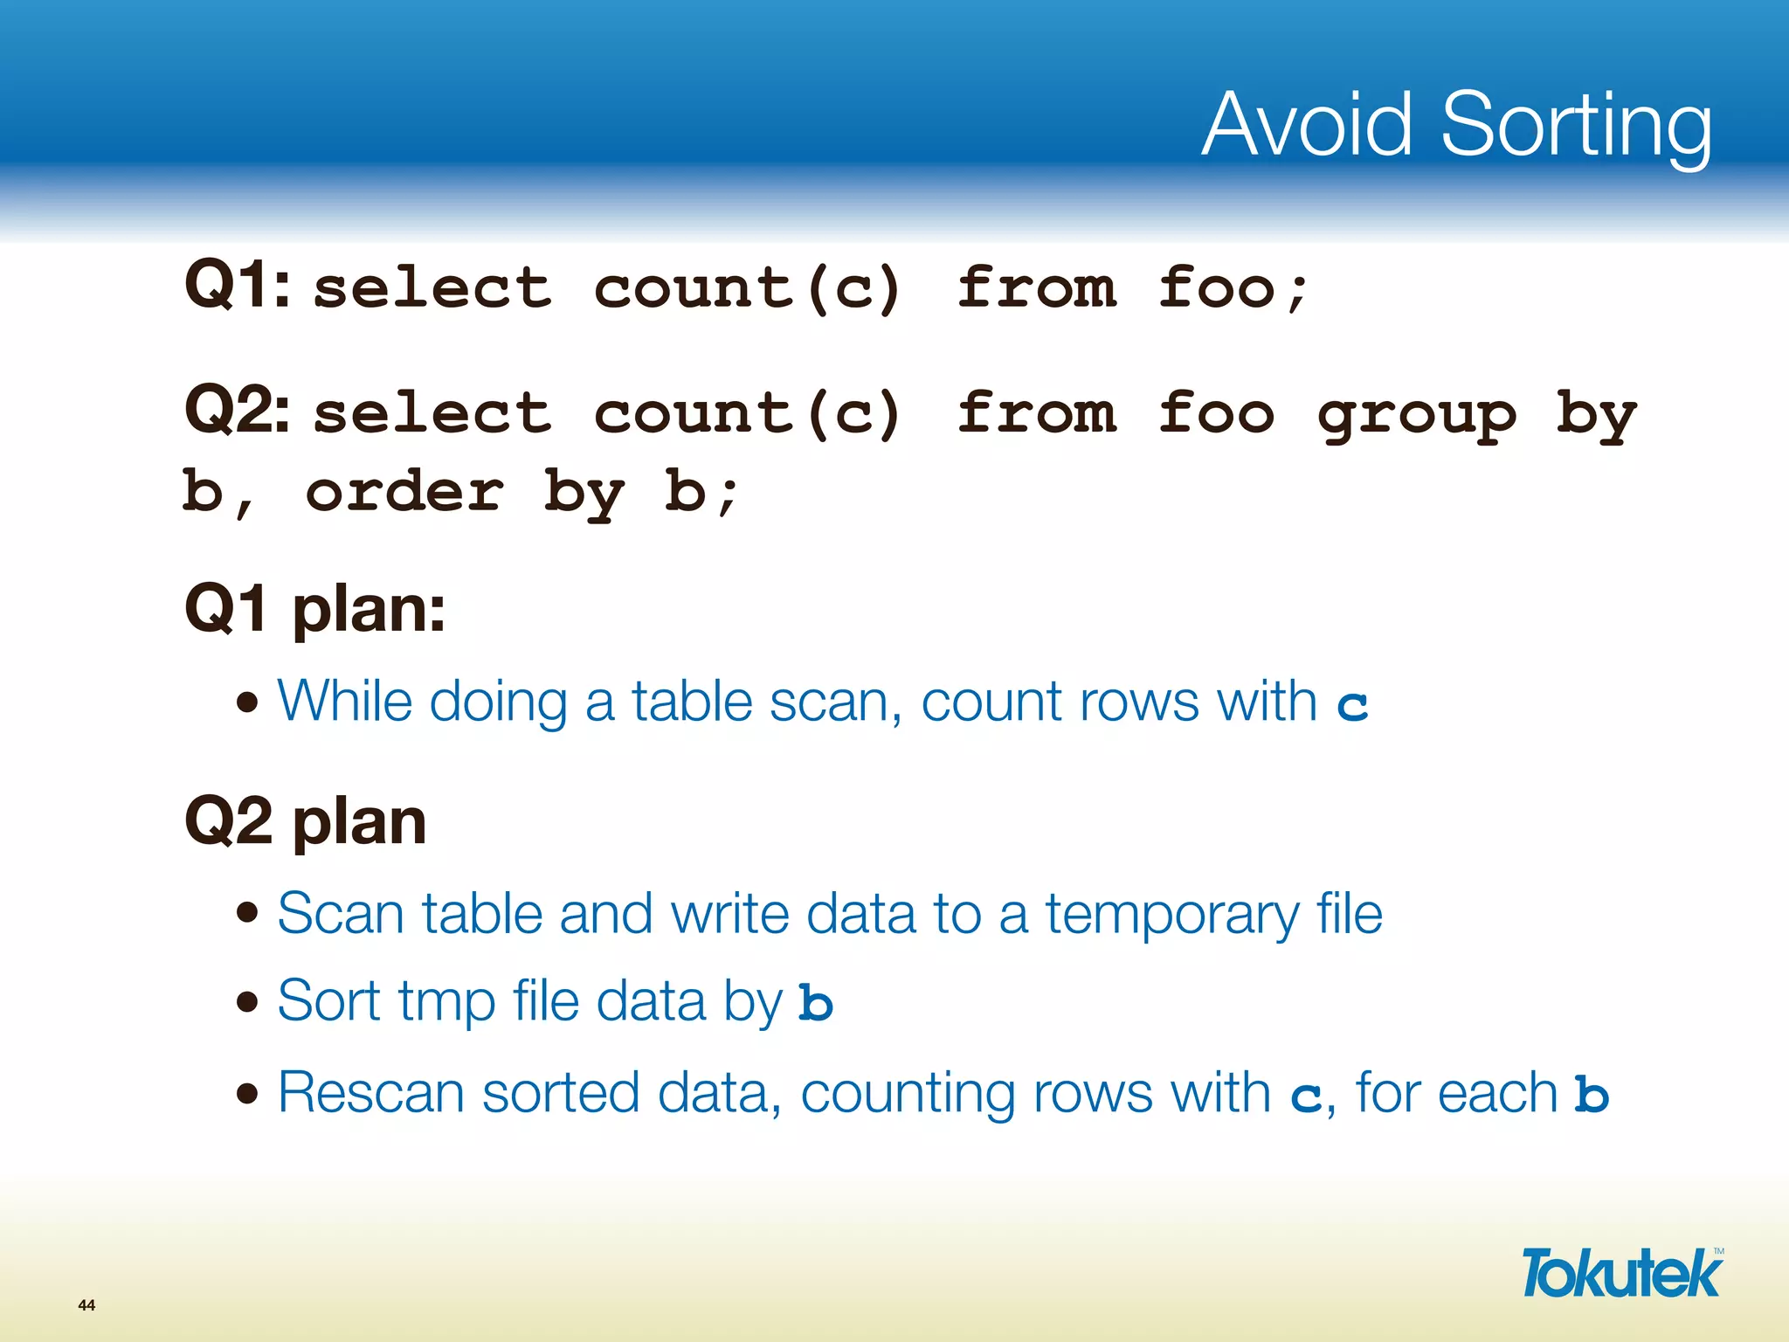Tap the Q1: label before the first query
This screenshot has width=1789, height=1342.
click(x=238, y=285)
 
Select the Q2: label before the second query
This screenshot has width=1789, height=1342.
click(x=238, y=410)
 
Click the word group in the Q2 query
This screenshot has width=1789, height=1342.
click(x=1417, y=414)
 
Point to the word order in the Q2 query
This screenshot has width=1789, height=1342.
click(x=404, y=491)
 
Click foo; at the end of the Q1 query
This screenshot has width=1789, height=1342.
click(x=1233, y=288)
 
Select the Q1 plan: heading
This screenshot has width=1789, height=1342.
click(x=314, y=608)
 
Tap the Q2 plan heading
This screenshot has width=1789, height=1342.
click(x=305, y=821)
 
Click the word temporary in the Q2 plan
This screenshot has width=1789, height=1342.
click(x=1172, y=915)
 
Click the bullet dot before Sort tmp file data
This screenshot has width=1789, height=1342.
click(x=248, y=1001)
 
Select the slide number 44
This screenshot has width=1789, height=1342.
click(x=86, y=1305)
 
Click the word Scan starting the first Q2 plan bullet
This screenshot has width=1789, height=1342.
click(x=341, y=914)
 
